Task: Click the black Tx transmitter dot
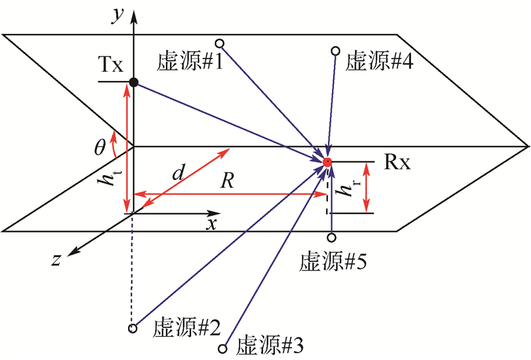point(133,82)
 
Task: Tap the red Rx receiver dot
point(327,162)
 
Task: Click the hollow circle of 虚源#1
point(220,44)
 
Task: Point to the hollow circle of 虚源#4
point(336,50)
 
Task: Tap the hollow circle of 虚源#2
point(133,328)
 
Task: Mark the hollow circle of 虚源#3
point(223,348)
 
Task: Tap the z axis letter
point(56,260)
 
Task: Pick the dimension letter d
point(178,174)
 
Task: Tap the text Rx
point(397,163)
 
